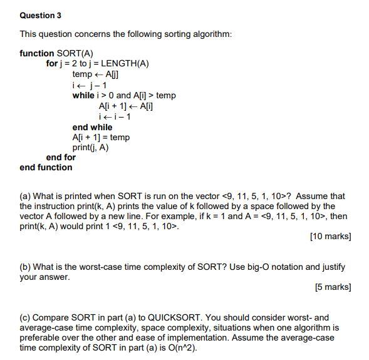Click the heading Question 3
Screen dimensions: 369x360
point(41,15)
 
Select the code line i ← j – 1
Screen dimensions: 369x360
point(90,85)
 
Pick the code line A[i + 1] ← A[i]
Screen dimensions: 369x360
point(126,106)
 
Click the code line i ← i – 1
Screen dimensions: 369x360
point(115,116)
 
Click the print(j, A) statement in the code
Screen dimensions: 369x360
point(90,147)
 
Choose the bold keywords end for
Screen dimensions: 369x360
point(61,157)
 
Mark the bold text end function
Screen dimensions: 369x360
point(46,168)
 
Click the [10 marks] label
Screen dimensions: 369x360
point(330,237)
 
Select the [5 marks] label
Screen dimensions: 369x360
point(332,287)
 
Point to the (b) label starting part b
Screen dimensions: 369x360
point(26,267)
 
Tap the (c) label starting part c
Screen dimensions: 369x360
point(26,317)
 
